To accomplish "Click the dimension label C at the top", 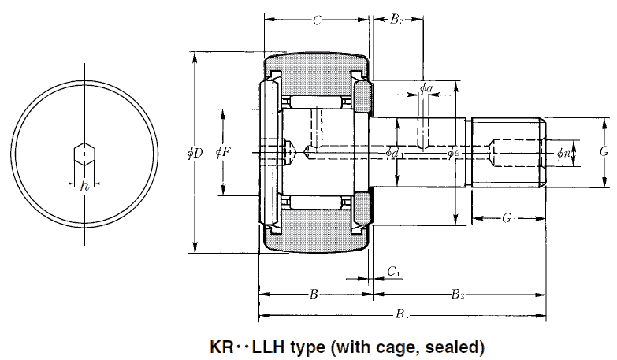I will [316, 20].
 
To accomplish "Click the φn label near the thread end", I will [563, 153].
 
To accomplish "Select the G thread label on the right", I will [603, 151].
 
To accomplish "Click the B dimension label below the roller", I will [314, 295].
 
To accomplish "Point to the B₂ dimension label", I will [458, 295].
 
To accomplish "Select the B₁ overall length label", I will [402, 316].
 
